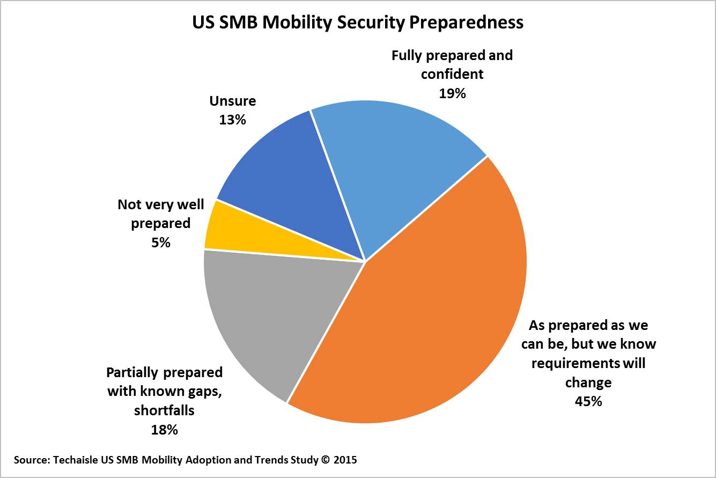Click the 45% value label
[588, 401]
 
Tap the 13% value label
[232, 119]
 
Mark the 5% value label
[160, 242]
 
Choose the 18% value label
[164, 429]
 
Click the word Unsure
[233, 101]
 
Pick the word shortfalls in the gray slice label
[164, 410]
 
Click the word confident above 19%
[452, 74]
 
